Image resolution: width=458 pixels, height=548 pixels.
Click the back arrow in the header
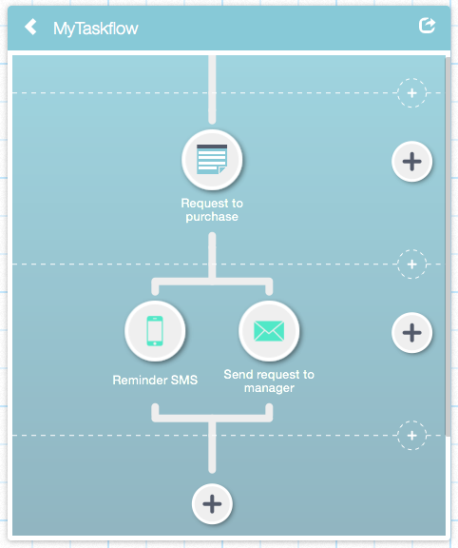[30, 27]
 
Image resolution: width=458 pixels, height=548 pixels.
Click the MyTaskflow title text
[96, 29]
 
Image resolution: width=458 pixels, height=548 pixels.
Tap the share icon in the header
[427, 26]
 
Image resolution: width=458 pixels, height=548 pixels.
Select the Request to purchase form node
[212, 160]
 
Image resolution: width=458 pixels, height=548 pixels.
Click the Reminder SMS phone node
[155, 331]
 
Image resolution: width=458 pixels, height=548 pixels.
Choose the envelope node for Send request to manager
[269, 331]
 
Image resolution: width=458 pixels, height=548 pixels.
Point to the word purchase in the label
[212, 217]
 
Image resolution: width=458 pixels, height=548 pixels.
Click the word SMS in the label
[184, 380]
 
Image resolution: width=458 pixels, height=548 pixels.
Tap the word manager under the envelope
[269, 388]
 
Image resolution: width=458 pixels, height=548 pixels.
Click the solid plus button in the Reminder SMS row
[412, 332]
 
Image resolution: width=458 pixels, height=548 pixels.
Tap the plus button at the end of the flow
[212, 504]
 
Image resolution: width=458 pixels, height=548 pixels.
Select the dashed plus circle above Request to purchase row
[412, 93]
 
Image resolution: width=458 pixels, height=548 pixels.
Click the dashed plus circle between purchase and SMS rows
[412, 264]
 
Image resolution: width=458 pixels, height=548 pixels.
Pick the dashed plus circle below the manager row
[412, 436]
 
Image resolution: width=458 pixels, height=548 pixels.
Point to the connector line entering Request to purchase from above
[212, 89]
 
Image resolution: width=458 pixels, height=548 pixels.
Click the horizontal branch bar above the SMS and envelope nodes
[212, 282]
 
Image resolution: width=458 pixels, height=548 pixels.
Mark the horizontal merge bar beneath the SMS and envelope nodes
[212, 418]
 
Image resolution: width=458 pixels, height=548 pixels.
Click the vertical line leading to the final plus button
[212, 447]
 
